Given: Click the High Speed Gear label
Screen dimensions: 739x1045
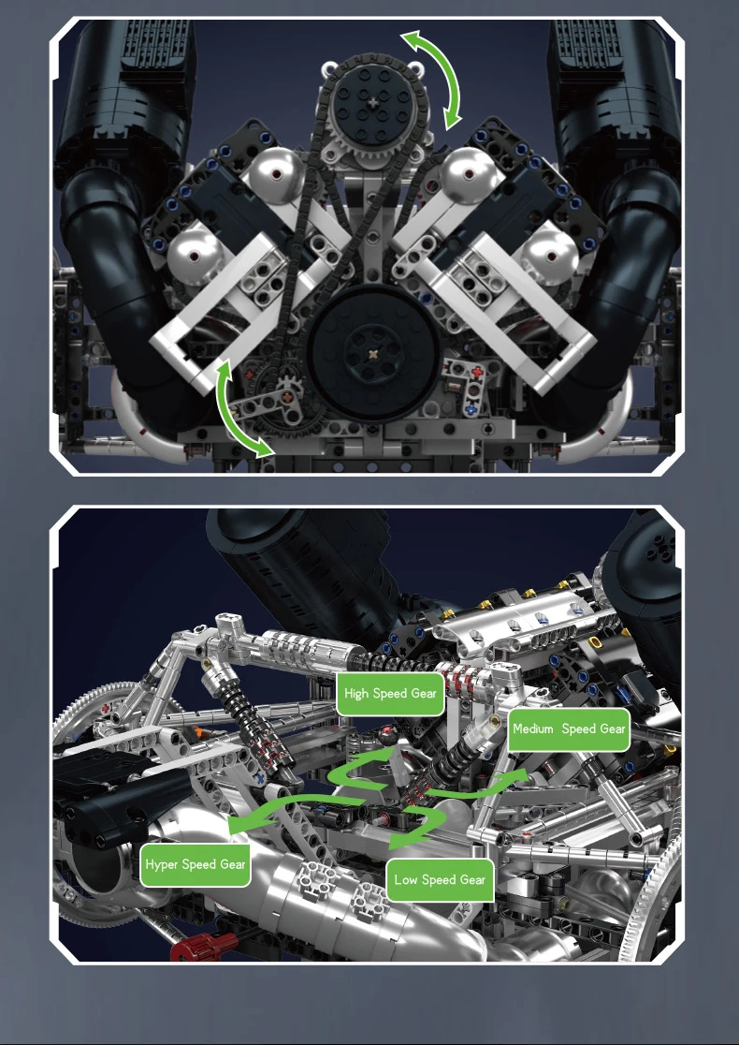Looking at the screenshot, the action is (x=390, y=694).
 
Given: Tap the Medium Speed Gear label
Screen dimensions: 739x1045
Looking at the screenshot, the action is (x=570, y=729).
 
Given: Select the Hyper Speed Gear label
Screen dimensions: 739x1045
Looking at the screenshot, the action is (x=196, y=865).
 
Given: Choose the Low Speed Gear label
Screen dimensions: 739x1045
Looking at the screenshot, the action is (x=440, y=879).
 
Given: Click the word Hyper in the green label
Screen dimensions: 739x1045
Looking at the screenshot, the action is (x=162, y=865).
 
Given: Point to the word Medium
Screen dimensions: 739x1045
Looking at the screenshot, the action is (x=533, y=729).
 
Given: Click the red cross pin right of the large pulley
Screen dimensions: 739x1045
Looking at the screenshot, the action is (x=476, y=374).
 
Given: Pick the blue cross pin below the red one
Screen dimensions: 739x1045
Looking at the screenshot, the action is (x=471, y=406).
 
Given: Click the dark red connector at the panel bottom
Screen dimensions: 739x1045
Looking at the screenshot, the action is (x=205, y=947).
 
